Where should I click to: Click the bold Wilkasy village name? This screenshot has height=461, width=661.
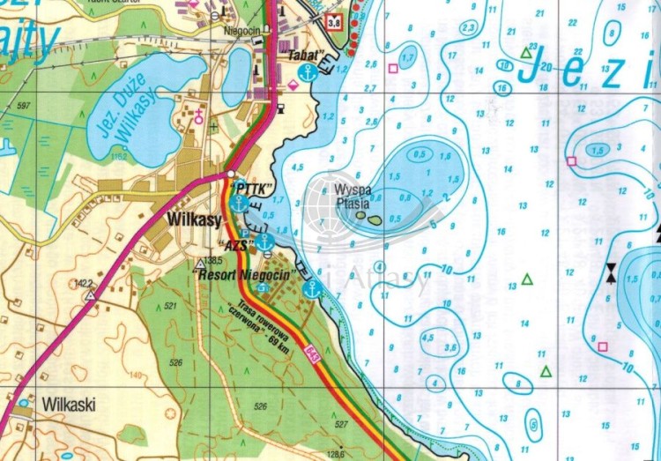pyautogui.click(x=193, y=217)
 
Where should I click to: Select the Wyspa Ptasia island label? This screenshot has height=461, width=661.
pyautogui.click(x=353, y=197)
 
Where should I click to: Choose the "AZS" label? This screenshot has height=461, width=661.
pyautogui.click(x=235, y=242)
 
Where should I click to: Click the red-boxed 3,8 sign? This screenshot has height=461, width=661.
pyautogui.click(x=332, y=22)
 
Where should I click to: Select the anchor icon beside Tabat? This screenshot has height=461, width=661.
pyautogui.click(x=307, y=74)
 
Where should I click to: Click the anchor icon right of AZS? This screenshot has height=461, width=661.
pyautogui.click(x=264, y=240)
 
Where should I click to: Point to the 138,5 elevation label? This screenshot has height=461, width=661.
pyautogui.click(x=212, y=261)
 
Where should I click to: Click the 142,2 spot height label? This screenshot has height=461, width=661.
pyautogui.click(x=84, y=283)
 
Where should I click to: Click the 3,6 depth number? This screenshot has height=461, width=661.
pyautogui.click(x=451, y=348)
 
